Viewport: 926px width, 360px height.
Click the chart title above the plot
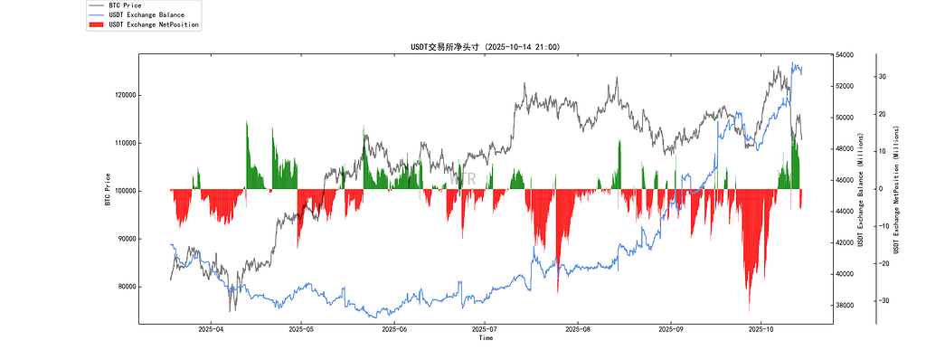point(486,47)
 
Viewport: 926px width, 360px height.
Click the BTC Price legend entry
point(125,5)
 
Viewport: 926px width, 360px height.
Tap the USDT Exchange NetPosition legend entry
point(154,24)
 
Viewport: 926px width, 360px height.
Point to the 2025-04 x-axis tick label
point(210,330)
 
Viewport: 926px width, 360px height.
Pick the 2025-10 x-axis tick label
point(761,330)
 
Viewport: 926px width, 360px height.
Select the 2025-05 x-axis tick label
point(301,330)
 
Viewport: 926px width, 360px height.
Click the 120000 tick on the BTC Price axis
point(126,95)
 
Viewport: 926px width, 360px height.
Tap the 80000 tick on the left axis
point(128,287)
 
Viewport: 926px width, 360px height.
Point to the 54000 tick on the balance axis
point(846,55)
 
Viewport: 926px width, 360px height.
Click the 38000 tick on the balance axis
point(846,306)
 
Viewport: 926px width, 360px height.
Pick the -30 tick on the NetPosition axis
point(884,301)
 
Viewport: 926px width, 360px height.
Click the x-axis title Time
point(486,338)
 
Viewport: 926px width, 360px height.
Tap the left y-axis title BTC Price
point(108,189)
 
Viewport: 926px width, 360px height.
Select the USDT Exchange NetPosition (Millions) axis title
point(897,190)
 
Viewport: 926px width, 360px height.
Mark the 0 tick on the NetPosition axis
point(881,189)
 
